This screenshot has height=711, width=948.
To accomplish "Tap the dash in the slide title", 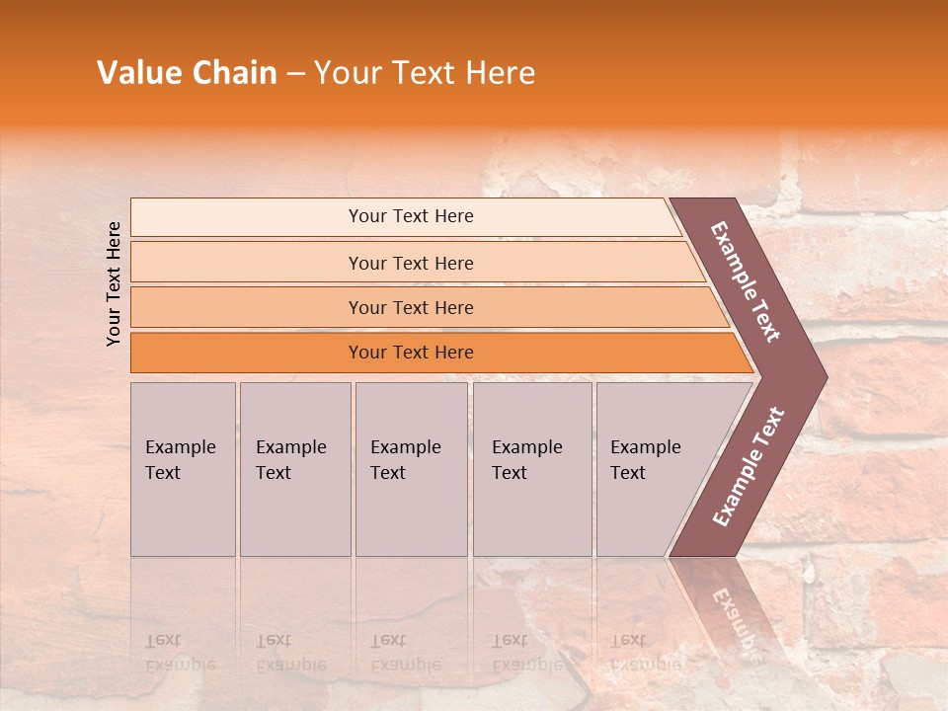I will (295, 74).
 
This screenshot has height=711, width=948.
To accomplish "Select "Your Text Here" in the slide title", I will (425, 73).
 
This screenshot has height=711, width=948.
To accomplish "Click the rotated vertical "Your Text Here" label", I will (114, 283).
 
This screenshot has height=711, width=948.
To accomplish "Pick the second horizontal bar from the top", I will (410, 263).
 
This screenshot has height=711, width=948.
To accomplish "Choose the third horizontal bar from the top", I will (410, 307).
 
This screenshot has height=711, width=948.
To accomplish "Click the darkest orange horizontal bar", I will (410, 353).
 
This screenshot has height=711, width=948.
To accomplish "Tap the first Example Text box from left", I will (183, 468).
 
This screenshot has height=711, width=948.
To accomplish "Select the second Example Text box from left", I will (294, 468).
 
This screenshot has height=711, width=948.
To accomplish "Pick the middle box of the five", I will (411, 468).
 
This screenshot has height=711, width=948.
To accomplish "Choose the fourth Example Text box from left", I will (531, 468).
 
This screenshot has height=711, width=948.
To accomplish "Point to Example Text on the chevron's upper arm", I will (746, 281).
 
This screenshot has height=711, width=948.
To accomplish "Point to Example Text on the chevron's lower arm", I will (749, 466).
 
